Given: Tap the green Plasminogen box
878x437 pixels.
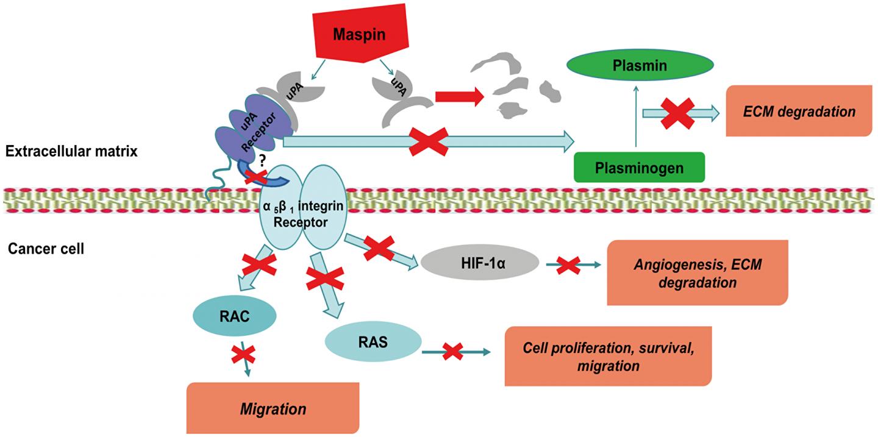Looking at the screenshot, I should click(x=640, y=166).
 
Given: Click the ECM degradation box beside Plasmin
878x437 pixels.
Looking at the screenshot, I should click(x=799, y=112).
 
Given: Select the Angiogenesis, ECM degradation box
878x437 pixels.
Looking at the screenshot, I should click(x=697, y=272).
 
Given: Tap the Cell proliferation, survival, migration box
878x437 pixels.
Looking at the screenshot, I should click(x=609, y=356).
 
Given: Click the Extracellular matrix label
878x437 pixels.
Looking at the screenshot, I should click(x=72, y=152).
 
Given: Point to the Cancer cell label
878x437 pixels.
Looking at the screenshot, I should click(x=46, y=249).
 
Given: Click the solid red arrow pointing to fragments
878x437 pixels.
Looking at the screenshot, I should click(x=458, y=96).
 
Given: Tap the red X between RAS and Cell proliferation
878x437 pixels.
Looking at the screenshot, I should click(x=452, y=351).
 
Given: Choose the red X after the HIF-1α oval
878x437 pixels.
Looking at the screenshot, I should click(x=568, y=265).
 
